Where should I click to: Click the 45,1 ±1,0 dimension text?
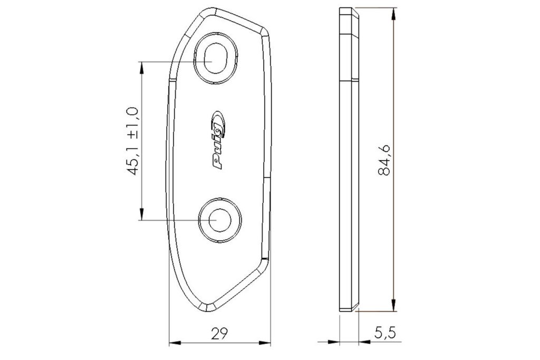pos(132,141)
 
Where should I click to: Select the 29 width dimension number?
pos(220,333)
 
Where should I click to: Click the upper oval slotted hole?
pos(216,58)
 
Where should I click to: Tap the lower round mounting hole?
pos(220,220)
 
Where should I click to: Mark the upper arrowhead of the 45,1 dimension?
pos(141,68)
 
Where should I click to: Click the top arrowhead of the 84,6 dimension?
pos(393,14)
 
